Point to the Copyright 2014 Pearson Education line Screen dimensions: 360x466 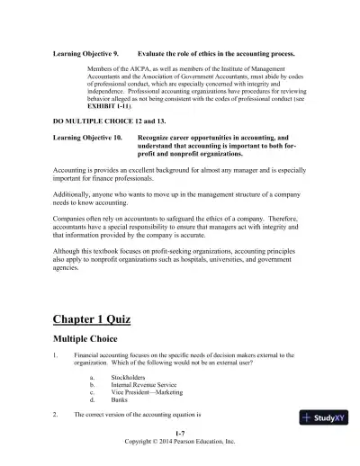click(180, 443)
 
